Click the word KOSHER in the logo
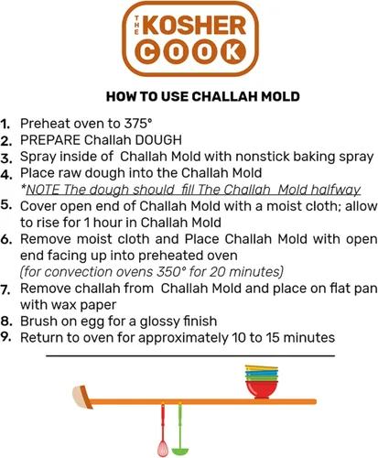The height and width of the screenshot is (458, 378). coord(194,25)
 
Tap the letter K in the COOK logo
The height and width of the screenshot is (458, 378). coord(233,52)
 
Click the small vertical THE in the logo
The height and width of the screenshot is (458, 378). coord(136,26)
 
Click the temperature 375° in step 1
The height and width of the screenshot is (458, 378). coord(138,124)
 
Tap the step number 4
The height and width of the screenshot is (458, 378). coord(6,175)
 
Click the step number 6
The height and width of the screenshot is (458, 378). coord(6,240)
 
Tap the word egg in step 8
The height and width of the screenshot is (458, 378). coord(91,322)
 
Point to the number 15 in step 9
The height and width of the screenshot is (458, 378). coord(273,338)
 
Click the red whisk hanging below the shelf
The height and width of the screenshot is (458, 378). coord(163,430)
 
